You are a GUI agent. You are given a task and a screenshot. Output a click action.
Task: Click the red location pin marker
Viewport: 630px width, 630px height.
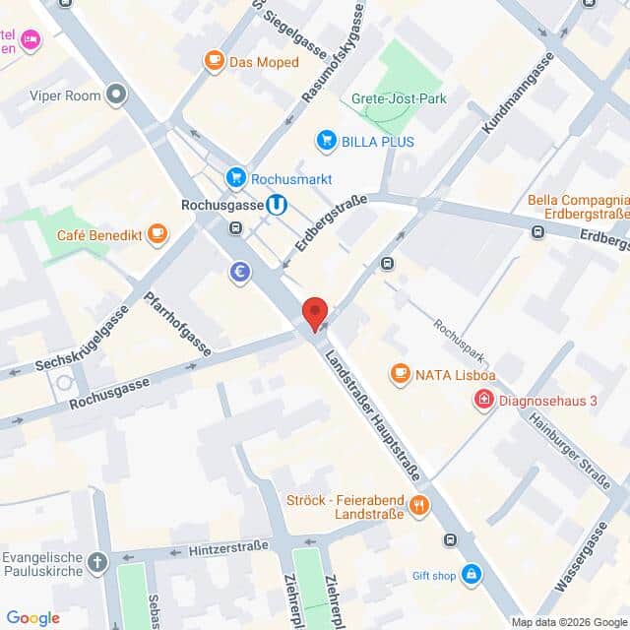[x=315, y=312]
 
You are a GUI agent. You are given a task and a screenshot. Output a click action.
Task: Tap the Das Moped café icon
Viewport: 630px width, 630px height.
[x=214, y=61]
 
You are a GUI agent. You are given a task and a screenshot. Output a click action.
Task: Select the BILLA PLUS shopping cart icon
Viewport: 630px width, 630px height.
[x=326, y=141]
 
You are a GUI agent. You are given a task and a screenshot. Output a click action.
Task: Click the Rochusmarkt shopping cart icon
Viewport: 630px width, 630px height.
[x=235, y=178]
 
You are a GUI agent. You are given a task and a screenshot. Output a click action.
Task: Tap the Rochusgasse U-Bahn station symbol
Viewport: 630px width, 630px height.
[x=279, y=205]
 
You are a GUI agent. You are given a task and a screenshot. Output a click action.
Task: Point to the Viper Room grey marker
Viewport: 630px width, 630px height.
[x=117, y=95]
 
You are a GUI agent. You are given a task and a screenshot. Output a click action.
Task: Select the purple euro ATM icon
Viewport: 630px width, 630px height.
[x=239, y=273]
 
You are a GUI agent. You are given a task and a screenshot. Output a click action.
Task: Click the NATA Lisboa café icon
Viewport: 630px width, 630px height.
[x=400, y=373]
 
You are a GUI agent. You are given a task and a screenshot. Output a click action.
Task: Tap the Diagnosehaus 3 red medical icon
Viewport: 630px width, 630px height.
[x=483, y=400]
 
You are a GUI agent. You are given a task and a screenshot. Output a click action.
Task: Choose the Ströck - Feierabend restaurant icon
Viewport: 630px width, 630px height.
[x=420, y=506]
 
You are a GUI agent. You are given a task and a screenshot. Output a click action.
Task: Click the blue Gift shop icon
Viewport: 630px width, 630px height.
[x=472, y=574]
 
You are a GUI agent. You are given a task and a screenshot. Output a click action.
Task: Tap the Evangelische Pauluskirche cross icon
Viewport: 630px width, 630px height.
[x=97, y=562]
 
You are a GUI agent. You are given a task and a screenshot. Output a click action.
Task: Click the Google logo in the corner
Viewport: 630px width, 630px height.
[x=32, y=617]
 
